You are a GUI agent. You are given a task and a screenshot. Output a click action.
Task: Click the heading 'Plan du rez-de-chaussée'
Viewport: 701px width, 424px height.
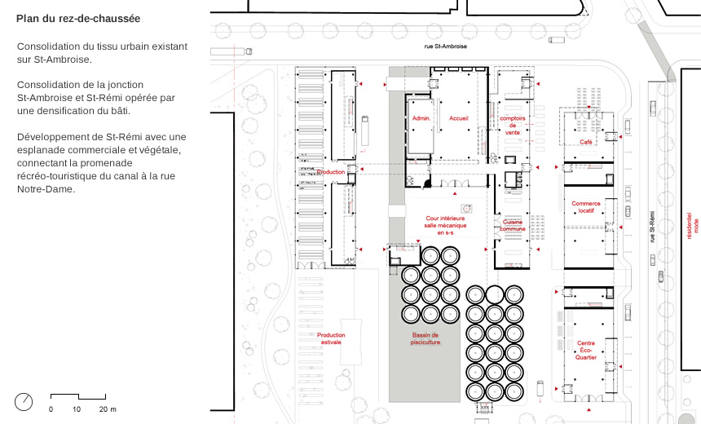[x=78, y=18]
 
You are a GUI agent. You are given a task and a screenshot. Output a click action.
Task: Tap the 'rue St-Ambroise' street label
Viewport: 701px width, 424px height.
[x=446, y=46]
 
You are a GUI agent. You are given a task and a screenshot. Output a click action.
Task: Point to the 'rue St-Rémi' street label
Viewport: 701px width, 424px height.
[x=652, y=227]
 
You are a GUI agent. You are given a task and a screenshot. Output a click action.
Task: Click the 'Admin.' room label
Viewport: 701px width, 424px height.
[x=421, y=118]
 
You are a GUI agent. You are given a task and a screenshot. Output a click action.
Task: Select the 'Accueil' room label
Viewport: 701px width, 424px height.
[x=459, y=118]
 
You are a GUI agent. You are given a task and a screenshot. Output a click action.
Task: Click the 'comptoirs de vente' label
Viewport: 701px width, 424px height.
[x=513, y=126]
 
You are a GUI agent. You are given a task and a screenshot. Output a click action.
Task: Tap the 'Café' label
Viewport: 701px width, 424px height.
[x=585, y=142]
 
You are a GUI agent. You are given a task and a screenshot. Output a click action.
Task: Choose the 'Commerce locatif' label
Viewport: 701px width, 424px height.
[x=585, y=206]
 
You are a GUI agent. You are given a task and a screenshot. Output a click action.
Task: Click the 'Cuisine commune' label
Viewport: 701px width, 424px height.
[x=513, y=225]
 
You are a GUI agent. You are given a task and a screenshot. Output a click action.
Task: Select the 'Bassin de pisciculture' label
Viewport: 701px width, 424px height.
[x=425, y=338]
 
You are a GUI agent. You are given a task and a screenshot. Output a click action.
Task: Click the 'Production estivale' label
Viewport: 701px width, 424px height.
[x=331, y=338]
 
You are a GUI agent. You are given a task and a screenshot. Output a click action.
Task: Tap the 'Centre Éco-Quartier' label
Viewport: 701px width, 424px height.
[x=585, y=350]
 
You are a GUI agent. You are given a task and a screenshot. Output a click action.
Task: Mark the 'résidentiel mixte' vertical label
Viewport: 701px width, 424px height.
[x=692, y=226]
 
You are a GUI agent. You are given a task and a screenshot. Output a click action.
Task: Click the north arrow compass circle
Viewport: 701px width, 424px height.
[x=24, y=402]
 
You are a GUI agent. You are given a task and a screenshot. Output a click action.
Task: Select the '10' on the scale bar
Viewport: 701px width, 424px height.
[x=77, y=409]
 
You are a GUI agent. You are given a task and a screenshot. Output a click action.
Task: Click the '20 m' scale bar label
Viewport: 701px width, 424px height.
[x=108, y=409]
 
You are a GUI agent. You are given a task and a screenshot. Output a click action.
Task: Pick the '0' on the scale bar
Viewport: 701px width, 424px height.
[x=51, y=409]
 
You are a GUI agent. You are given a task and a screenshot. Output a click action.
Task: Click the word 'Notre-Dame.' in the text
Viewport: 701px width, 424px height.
[x=46, y=189]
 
